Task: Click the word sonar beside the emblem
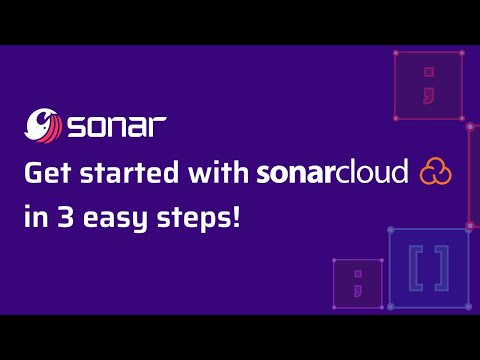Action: (x=115, y=130)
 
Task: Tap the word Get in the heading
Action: (x=45, y=173)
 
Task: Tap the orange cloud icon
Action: (x=435, y=172)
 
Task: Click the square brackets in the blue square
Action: (x=428, y=267)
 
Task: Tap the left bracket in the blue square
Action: (x=415, y=267)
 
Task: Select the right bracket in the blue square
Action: (x=441, y=267)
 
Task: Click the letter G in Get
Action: (x=32, y=173)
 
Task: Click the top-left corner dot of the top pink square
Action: (x=396, y=53)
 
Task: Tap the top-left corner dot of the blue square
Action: (x=390, y=230)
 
